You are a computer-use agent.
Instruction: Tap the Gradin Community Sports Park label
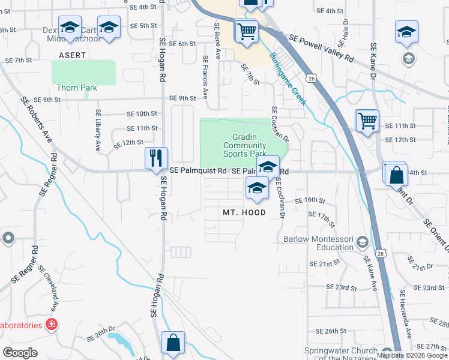[x=244, y=145]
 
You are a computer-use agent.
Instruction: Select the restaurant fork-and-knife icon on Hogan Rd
[x=155, y=158]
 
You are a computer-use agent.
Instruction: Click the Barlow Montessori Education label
[x=318, y=243]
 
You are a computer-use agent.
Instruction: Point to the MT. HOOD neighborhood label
[x=244, y=212]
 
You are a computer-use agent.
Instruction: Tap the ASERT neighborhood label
[x=72, y=55]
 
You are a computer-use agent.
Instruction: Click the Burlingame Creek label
[x=288, y=78]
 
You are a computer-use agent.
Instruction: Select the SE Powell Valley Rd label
[x=321, y=47]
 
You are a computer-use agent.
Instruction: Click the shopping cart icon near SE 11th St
[x=367, y=120]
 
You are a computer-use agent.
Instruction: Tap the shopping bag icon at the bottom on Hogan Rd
[x=173, y=343]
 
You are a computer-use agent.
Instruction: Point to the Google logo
[x=20, y=353]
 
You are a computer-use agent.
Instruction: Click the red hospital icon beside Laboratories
[x=52, y=326]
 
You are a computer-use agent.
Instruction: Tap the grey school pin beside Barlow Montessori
[x=362, y=242]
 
